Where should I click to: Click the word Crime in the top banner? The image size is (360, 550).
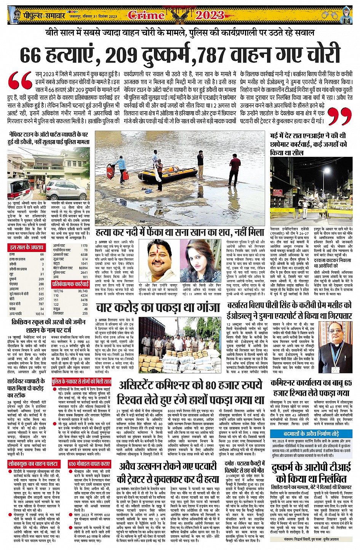pos(146,15)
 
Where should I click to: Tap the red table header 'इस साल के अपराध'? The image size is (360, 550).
pos(27,248)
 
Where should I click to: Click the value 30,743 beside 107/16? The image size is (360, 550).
pos(82,291)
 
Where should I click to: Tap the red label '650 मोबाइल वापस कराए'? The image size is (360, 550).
pos(90,464)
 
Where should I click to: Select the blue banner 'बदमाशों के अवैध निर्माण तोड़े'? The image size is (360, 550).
pos(311,434)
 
